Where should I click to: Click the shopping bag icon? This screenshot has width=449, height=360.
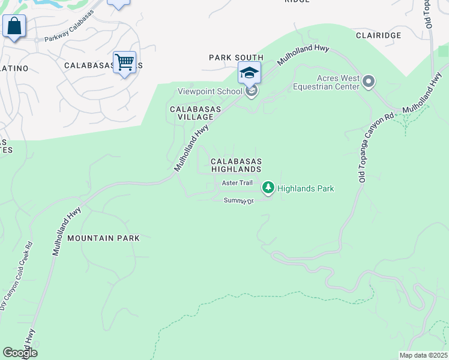coord(14,26)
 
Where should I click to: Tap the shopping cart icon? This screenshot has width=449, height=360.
coord(124,62)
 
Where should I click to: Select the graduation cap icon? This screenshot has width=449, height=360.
coord(249,73)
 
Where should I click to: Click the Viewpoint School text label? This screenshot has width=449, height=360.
coord(209,92)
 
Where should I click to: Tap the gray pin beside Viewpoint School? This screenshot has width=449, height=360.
coord(252,91)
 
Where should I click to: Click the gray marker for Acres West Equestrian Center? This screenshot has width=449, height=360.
coord(369,81)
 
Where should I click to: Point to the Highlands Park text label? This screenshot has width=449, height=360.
coord(306,188)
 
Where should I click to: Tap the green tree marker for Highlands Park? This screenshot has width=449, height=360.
coord(268,188)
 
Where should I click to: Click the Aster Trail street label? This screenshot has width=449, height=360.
coord(238,182)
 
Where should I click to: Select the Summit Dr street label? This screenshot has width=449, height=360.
coord(239,200)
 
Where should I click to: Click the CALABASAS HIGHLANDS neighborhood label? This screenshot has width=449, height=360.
coord(236,166)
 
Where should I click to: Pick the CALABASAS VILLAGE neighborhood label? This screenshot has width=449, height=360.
coord(196,113)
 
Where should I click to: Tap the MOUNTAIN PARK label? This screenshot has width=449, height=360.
coord(103,238)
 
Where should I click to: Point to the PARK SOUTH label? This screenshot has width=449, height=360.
coord(236,58)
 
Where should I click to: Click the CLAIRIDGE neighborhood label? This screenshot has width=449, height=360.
coord(378,35)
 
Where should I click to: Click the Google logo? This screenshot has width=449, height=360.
coord(19,353)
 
